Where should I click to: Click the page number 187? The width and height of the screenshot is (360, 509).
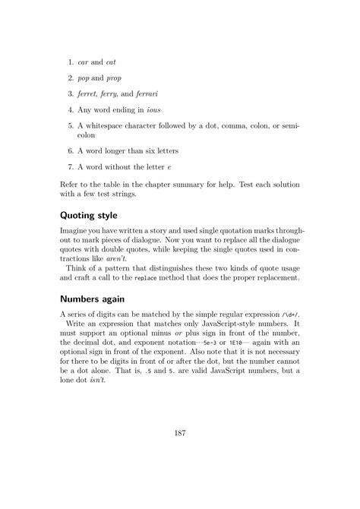(x=180, y=433)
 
